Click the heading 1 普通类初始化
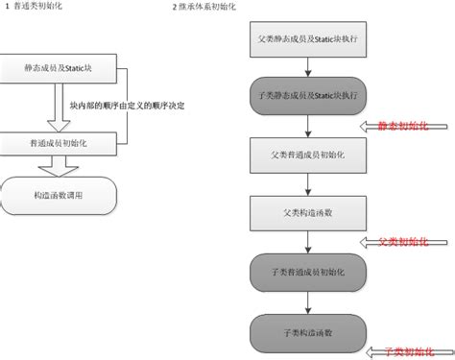click(36, 7)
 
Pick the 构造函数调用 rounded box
click(59, 196)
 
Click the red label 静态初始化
click(403, 125)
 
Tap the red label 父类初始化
click(403, 240)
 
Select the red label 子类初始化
click(407, 352)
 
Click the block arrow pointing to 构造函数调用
click(59, 166)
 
